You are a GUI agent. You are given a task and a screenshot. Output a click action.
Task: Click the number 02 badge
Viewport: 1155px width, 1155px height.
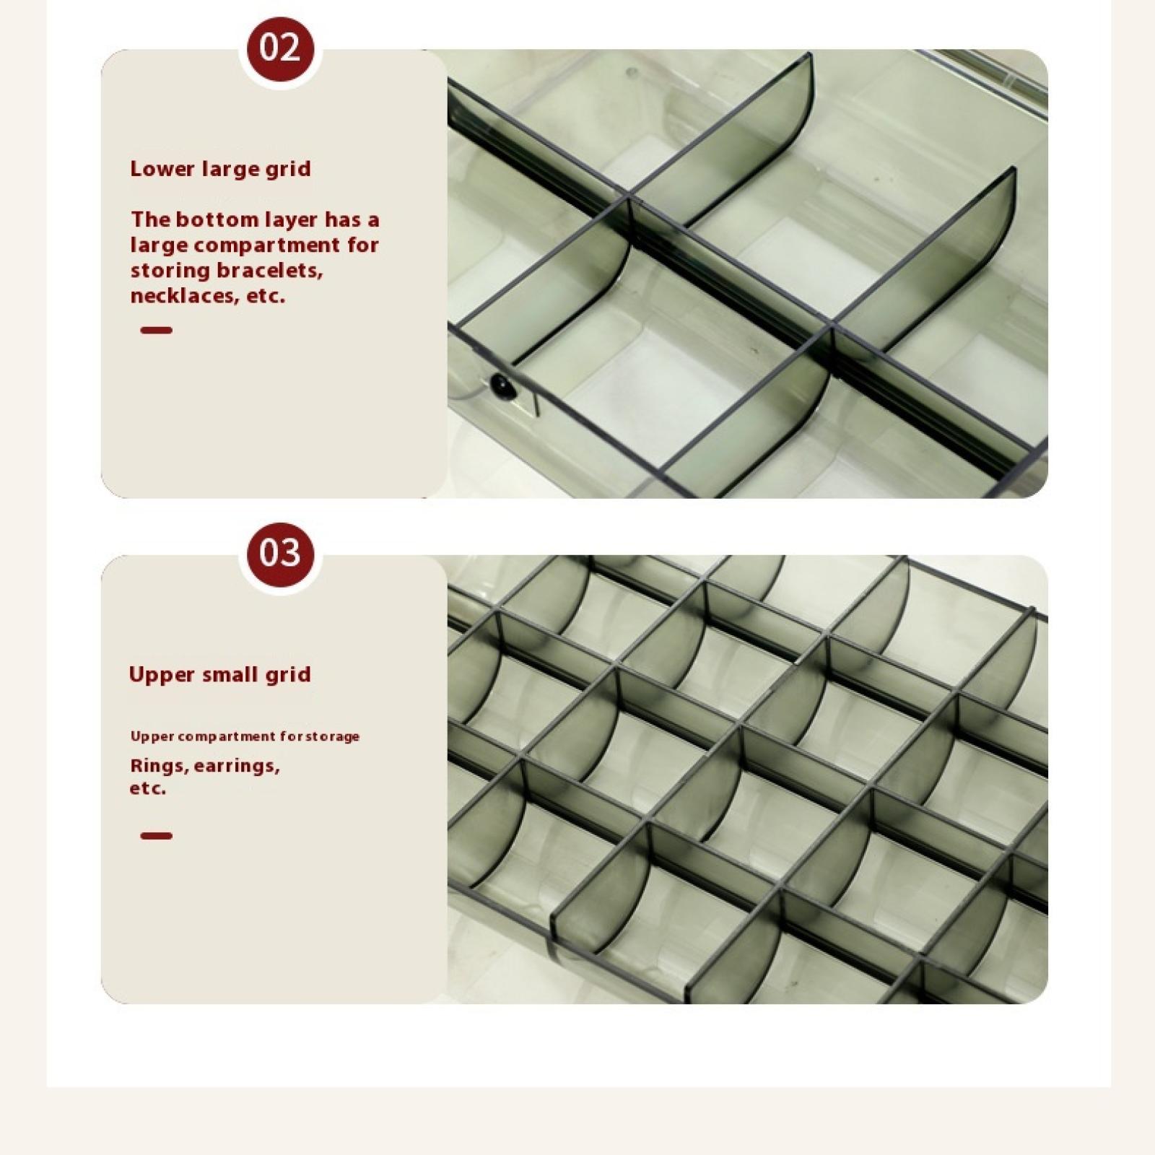tap(280, 48)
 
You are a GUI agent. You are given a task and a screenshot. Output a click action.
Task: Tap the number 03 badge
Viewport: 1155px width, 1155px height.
tap(280, 553)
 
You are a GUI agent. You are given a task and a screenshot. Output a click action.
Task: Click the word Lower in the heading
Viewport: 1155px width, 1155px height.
tap(162, 169)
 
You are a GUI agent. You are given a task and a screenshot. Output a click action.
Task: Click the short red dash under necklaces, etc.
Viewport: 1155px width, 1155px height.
tap(156, 331)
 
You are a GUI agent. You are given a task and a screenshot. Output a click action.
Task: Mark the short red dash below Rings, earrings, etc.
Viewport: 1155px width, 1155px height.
tap(156, 836)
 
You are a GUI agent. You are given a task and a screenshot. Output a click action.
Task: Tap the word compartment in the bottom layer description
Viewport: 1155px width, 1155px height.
tap(267, 245)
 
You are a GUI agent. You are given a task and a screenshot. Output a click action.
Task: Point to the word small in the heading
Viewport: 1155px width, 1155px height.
tap(233, 674)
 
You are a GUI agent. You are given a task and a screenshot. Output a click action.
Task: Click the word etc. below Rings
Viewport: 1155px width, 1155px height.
tap(148, 788)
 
